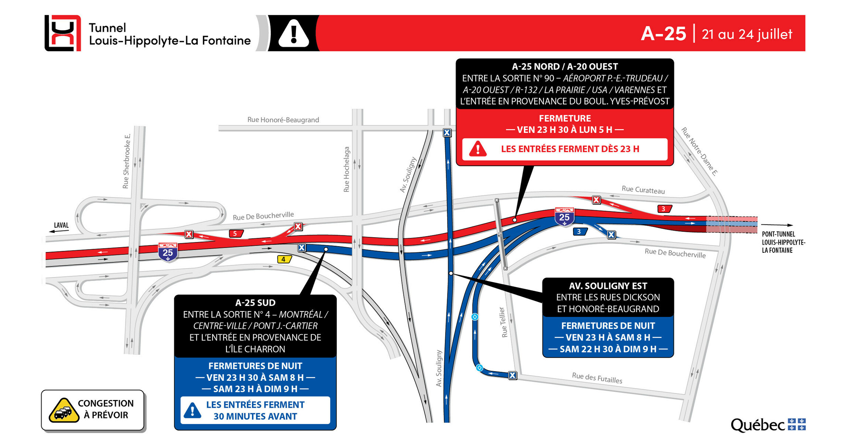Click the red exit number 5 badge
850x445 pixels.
coord(235,234)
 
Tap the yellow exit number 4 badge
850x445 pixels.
coord(284,259)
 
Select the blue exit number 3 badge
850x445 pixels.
coord(580,232)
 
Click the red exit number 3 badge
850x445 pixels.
coord(664,209)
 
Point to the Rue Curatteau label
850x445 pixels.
coord(643,190)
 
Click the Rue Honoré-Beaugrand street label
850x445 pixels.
coord(283,120)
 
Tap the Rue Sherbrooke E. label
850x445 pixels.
coord(127,161)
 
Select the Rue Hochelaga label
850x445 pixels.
coord(346,169)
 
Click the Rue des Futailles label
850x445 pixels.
coord(597,378)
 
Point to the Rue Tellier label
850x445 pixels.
coord(503,322)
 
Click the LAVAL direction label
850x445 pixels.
coord(61,225)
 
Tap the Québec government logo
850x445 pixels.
coord(768,425)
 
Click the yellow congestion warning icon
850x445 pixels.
coord(64,410)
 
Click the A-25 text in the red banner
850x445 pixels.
coord(663,34)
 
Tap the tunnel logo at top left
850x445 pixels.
coord(63,33)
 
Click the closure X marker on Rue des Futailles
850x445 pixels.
coord(512,376)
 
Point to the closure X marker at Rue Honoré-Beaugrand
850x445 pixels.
coord(447,133)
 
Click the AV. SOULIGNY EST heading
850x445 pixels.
coord(608,286)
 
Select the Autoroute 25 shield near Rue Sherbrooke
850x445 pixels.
coord(168,252)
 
